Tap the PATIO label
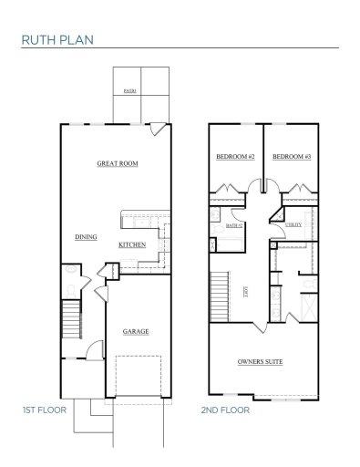(129, 92)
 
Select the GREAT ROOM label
(118, 164)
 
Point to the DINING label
(87, 237)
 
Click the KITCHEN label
(132, 245)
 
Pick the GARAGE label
(136, 331)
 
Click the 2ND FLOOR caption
(226, 410)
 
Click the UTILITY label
(293, 224)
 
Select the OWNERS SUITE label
(260, 362)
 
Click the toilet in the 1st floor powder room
(70, 287)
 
